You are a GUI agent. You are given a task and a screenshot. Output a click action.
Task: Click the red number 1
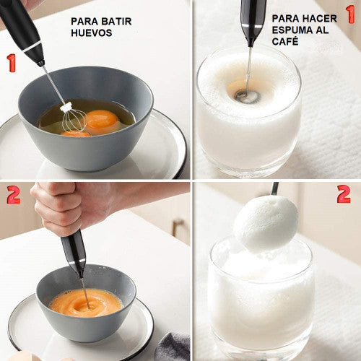tap(11, 63)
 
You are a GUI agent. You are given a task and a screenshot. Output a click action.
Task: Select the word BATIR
tap(118, 21)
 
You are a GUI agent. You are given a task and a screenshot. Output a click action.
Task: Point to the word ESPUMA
tap(292, 30)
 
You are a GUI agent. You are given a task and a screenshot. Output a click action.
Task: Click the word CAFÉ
tap(286, 41)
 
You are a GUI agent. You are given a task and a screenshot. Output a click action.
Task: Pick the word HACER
tap(320, 18)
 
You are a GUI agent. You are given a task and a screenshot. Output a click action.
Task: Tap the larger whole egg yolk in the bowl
tap(103, 119)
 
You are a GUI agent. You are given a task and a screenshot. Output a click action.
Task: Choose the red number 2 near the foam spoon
tap(343, 194)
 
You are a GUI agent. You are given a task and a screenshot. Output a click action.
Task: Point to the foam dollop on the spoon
tap(266, 224)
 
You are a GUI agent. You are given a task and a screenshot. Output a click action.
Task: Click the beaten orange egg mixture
tap(85, 302)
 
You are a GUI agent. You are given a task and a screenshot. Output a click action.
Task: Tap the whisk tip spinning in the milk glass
tap(247, 95)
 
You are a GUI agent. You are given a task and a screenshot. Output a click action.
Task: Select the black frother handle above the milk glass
tap(252, 18)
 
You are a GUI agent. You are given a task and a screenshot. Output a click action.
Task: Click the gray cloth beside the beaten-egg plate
tap(173, 347)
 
